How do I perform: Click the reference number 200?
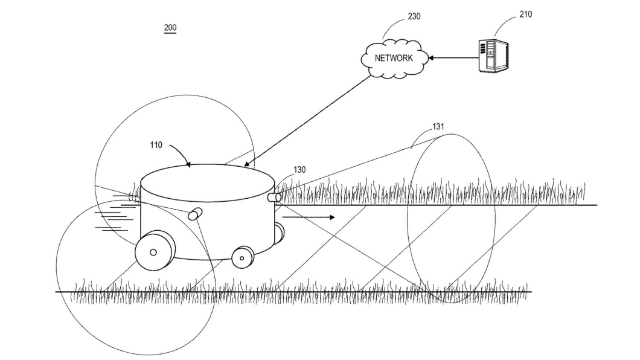pyautogui.click(x=170, y=28)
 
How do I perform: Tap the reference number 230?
pyautogui.click(x=414, y=16)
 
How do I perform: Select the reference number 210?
pyautogui.click(x=526, y=14)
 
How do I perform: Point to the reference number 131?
pyautogui.click(x=438, y=126)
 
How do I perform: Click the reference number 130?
pyautogui.click(x=299, y=170)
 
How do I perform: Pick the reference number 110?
pyautogui.click(x=156, y=145)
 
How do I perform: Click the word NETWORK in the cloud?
pyautogui.click(x=394, y=58)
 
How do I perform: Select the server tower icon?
pyautogui.click(x=493, y=56)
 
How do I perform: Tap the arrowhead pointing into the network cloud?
pyautogui.click(x=430, y=58)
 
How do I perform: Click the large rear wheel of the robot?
pyautogui.click(x=155, y=250)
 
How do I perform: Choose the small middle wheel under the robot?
pyautogui.click(x=243, y=257)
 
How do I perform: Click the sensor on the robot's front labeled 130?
pyautogui.click(x=274, y=198)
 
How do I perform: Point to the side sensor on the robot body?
pyautogui.click(x=195, y=214)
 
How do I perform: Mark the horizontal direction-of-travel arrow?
pyautogui.click(x=309, y=217)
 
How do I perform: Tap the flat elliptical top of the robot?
pyautogui.click(x=207, y=183)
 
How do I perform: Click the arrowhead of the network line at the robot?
pyautogui.click(x=246, y=164)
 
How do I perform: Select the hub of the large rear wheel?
pyautogui.click(x=153, y=252)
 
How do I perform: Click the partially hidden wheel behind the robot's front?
pyautogui.click(x=279, y=233)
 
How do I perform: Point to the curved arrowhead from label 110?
pyautogui.click(x=188, y=164)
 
